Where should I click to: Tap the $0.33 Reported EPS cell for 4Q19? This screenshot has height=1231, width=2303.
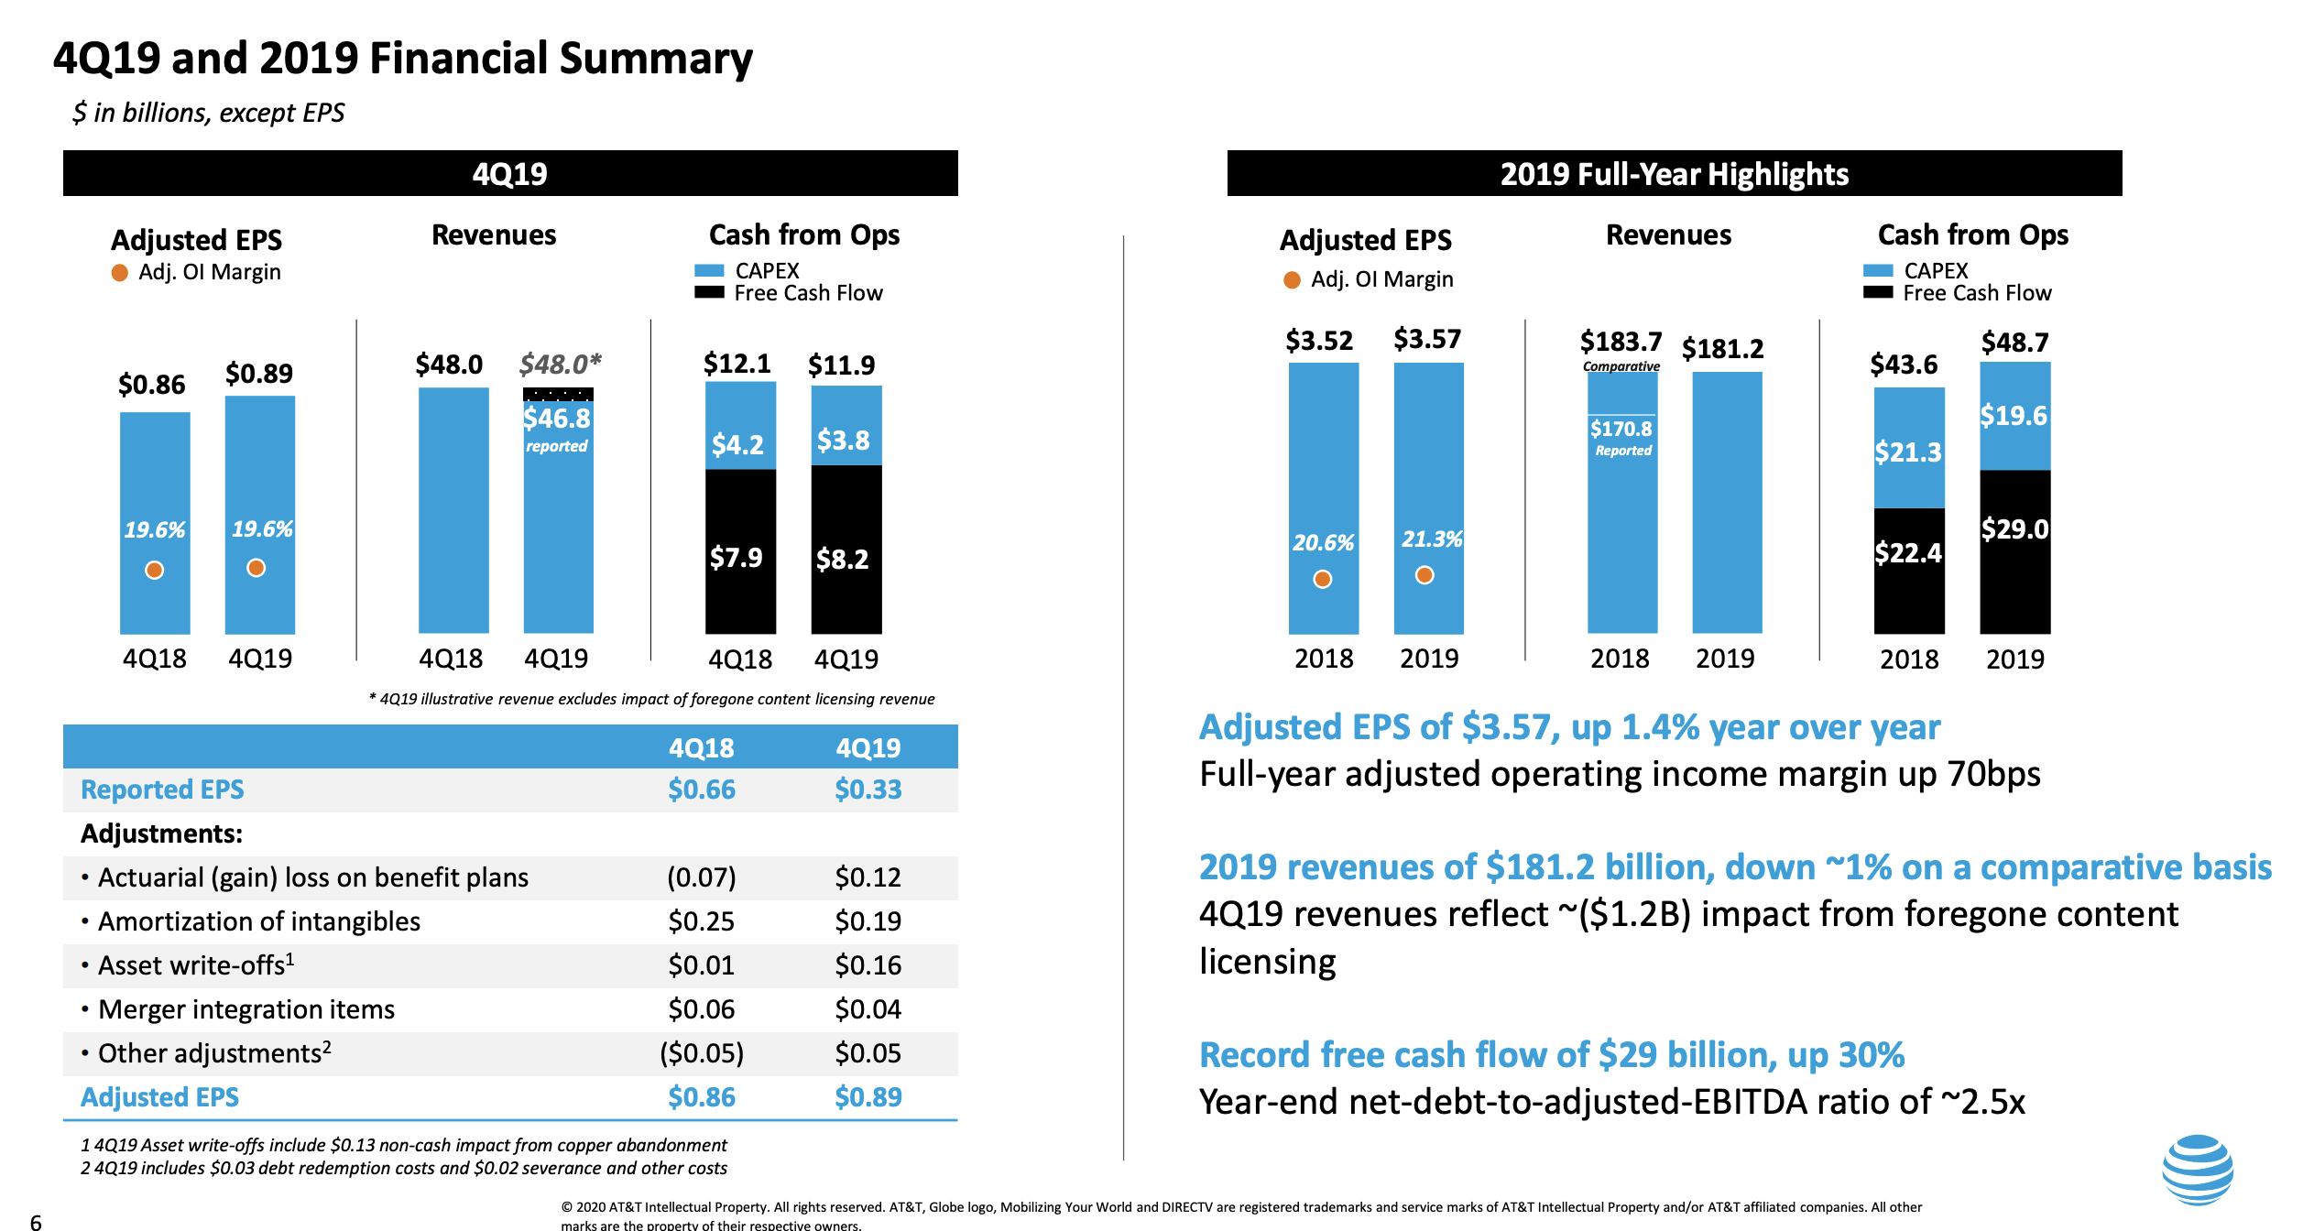868,790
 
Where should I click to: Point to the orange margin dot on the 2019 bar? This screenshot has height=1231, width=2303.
1424,575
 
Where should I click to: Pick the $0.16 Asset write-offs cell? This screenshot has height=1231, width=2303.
868,965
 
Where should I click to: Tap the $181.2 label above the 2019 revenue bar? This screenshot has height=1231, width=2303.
1722,349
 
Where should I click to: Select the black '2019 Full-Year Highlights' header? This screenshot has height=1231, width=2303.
1674,173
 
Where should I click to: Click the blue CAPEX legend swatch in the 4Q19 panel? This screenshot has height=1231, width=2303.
709,271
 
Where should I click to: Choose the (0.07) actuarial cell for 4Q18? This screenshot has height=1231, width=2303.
701,877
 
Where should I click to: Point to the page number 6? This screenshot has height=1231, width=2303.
36,1222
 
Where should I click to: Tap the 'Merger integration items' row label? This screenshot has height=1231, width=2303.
246,1009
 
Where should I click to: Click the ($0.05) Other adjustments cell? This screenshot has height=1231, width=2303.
701,1053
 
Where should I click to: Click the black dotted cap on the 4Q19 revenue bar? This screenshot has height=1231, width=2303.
558,395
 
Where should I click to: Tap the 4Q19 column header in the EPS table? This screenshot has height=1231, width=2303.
868,747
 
